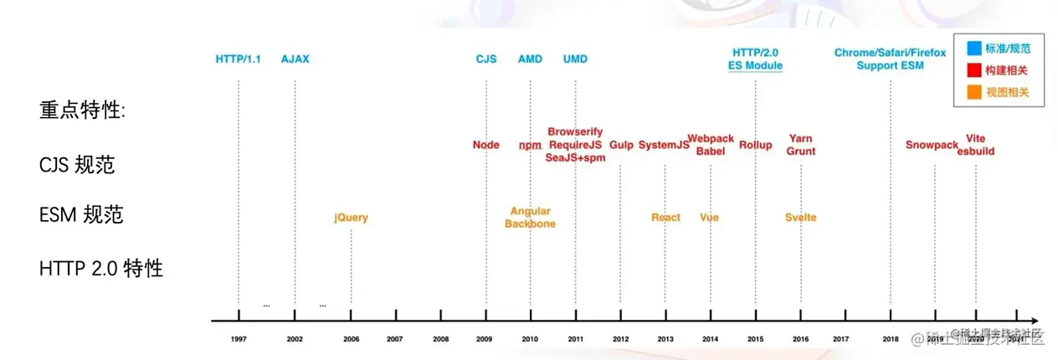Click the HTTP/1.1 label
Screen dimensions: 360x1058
238,59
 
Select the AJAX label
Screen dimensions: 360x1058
295,59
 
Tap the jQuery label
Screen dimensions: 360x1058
351,218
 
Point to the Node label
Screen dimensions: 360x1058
485,145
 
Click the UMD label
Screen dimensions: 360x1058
575,59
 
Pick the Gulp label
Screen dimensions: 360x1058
621,145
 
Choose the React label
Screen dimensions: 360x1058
665,218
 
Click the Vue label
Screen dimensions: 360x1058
709,218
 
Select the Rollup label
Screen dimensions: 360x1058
755,145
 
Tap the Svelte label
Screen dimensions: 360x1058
800,218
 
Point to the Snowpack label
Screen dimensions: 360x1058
931,145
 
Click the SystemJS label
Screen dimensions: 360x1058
664,145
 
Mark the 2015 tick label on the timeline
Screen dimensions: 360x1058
755,338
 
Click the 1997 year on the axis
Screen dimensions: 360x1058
239,338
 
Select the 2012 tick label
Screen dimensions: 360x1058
620,338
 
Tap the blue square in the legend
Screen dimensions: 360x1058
973,49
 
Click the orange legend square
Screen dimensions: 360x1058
973,91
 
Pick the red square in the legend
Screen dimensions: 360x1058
973,70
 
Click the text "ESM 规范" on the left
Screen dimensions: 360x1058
81,215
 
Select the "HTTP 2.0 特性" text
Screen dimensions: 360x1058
100,269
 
